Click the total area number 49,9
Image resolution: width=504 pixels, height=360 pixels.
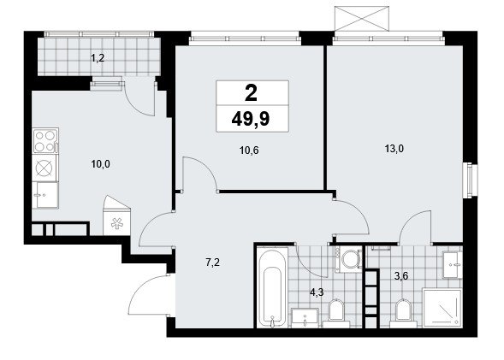[x=251, y=120]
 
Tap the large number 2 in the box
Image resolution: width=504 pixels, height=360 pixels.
[x=251, y=93]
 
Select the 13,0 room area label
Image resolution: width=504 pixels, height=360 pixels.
[x=394, y=149]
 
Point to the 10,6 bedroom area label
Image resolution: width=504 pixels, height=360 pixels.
[x=249, y=150]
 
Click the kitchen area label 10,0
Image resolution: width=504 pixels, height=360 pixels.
[x=100, y=164]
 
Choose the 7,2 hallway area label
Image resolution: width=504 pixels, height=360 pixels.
[x=212, y=263]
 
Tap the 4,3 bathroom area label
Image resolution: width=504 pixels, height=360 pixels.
[x=317, y=292]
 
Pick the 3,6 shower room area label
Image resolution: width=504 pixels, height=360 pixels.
[x=401, y=276]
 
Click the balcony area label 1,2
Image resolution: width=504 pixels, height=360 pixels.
[x=98, y=58]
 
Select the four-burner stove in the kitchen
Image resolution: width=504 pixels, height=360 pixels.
[x=45, y=140]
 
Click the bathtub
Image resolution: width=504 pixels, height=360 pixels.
[x=272, y=287]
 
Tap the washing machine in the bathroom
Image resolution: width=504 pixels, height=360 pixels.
[x=348, y=259]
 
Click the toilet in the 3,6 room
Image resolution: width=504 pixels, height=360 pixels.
[x=403, y=314]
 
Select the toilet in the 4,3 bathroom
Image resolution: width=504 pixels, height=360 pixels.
[x=336, y=314]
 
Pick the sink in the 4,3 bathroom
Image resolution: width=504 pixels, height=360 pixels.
[x=305, y=318]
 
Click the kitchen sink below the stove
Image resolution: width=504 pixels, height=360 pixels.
[x=45, y=195]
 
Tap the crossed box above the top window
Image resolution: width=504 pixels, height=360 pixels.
[x=362, y=19]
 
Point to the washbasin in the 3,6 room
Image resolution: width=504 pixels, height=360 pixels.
[x=453, y=265]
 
